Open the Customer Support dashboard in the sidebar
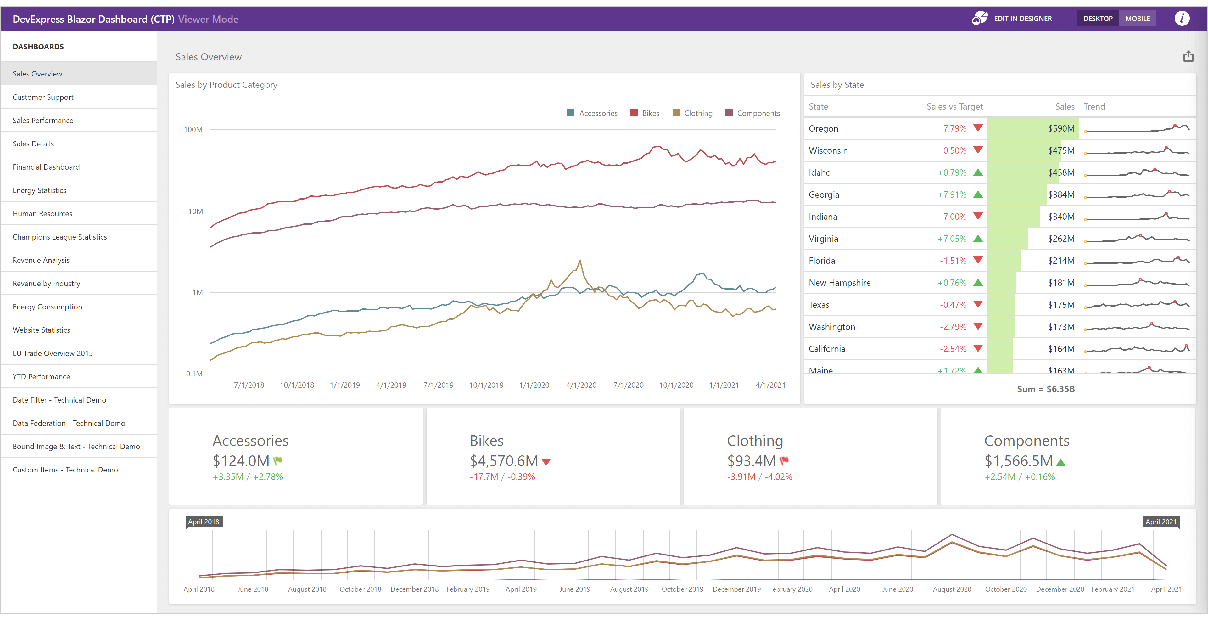click(43, 97)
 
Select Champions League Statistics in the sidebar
click(59, 237)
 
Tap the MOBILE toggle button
click(1137, 19)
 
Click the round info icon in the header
click(1182, 19)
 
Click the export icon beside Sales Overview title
click(1188, 57)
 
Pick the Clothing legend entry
click(693, 113)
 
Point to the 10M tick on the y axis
click(196, 211)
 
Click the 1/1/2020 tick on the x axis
click(534, 385)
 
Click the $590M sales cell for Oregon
click(1061, 128)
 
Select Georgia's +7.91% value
click(952, 194)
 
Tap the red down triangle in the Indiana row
click(978, 216)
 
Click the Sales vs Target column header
click(954, 106)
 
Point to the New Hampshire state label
click(839, 283)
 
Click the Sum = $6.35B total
click(1045, 389)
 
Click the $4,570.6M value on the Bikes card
click(504, 461)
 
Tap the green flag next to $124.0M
click(277, 460)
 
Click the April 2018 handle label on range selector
click(204, 521)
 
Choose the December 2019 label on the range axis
click(736, 589)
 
